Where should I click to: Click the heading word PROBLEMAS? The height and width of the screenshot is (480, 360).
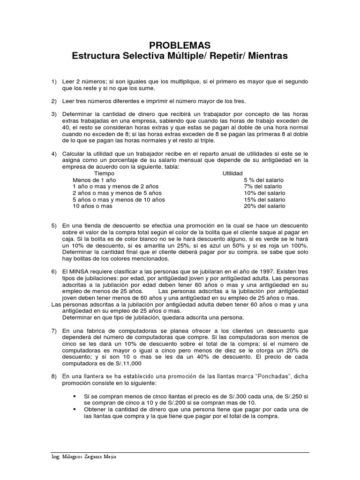(x=180, y=45)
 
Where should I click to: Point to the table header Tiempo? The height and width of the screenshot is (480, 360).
(x=105, y=173)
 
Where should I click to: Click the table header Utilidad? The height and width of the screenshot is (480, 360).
(x=232, y=173)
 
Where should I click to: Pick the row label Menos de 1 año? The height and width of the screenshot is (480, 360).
(x=94, y=180)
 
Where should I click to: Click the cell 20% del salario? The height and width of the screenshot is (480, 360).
(x=264, y=206)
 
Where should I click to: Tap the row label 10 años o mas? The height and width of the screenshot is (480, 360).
(x=92, y=206)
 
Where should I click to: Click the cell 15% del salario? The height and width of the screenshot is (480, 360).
(x=264, y=200)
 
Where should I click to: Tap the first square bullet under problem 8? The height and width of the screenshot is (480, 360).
(x=74, y=396)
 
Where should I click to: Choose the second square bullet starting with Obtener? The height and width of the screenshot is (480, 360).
(x=74, y=409)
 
